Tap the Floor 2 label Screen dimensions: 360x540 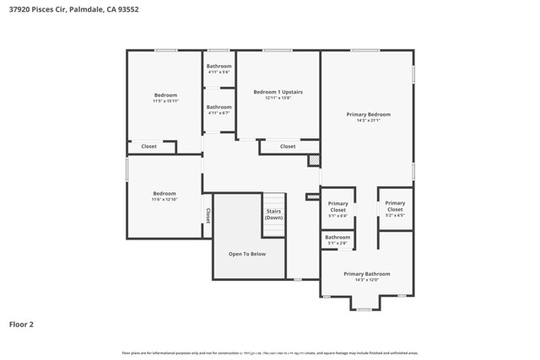[21, 324]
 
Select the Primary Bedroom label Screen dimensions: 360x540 [368, 114]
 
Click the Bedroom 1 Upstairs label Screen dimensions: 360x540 [278, 91]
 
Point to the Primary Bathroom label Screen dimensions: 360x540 [366, 274]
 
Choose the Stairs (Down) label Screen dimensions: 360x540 [273, 214]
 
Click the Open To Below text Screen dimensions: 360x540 [246, 254]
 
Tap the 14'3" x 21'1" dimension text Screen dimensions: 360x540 [368, 121]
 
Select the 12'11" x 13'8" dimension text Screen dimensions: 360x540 [278, 98]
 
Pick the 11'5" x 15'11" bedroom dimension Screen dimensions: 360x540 [165, 101]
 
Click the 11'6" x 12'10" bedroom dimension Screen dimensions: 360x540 [165, 199]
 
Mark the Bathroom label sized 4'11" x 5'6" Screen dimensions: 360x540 [219, 69]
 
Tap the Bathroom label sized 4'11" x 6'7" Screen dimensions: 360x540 [219, 110]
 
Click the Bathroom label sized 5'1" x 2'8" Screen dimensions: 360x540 [337, 239]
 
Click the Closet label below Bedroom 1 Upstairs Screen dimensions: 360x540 [288, 147]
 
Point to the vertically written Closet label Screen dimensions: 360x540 [208, 216]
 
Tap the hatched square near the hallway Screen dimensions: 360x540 [313, 160]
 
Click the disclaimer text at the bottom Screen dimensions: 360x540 [270, 353]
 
